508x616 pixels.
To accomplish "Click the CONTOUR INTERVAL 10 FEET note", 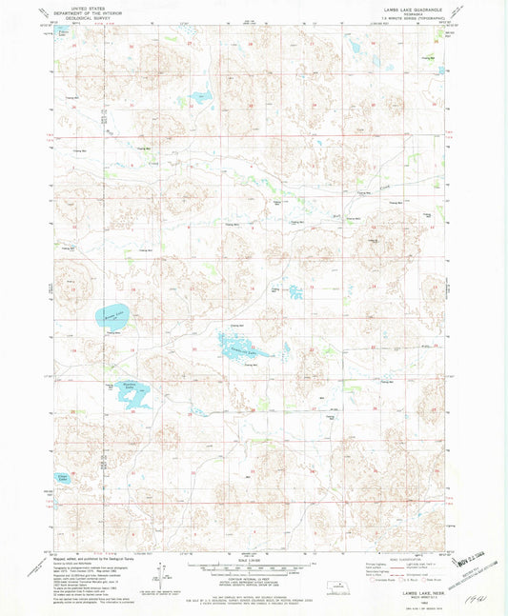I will point(250,568).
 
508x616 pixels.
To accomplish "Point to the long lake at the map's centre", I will point(246,347).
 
